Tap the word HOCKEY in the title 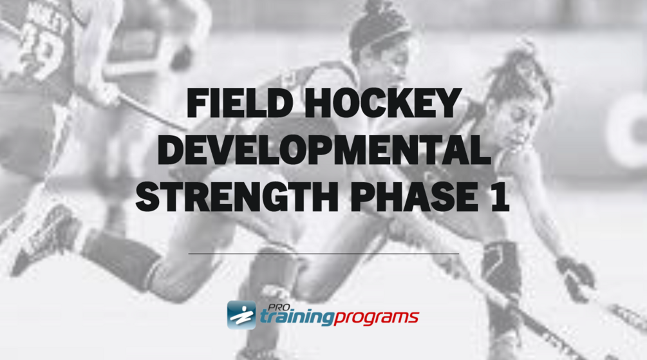pos(382,103)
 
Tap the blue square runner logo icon pos(241,314)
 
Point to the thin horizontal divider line pos(323,254)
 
